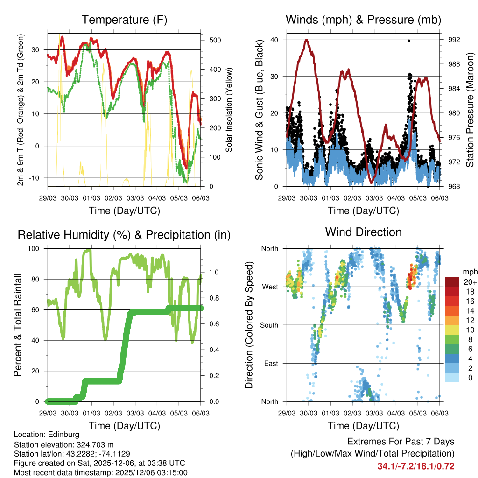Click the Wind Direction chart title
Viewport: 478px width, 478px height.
click(x=363, y=232)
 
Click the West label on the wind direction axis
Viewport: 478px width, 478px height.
click(x=270, y=287)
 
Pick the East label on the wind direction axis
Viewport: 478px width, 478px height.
click(x=270, y=363)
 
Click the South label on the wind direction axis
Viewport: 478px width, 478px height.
click(x=268, y=325)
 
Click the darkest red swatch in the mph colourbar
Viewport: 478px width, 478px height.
click(x=451, y=282)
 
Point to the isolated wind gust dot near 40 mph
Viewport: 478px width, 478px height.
click(x=409, y=41)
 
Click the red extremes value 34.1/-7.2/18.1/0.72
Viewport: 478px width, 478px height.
click(x=415, y=466)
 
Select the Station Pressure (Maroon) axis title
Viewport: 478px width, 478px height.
click(x=470, y=110)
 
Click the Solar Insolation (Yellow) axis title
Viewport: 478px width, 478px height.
click(x=229, y=110)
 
